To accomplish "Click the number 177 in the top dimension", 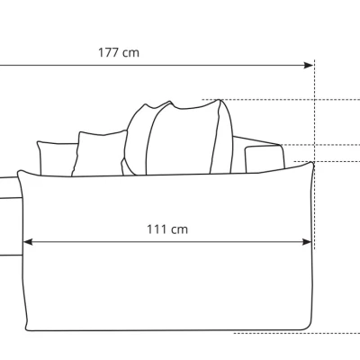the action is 109,53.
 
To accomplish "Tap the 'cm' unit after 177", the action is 131,54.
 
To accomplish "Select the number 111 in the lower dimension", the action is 157,229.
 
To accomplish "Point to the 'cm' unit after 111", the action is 179,230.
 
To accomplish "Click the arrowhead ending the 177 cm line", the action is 308,65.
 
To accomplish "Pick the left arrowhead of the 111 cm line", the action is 28,242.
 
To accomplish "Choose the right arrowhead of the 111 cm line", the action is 307,242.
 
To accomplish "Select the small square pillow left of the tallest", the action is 100,153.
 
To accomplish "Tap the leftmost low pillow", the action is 57,157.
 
